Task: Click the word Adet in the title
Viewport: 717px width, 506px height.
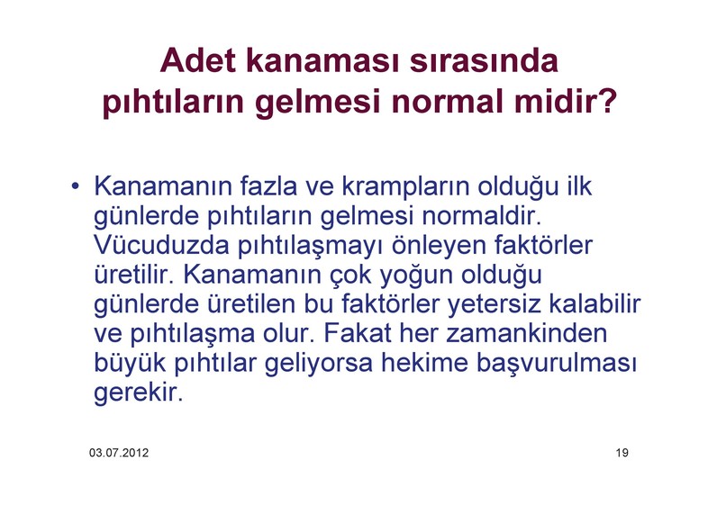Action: (198, 61)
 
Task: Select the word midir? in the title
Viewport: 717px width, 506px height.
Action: (566, 102)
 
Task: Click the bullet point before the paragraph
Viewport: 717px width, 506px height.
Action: (76, 186)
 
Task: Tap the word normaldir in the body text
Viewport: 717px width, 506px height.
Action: (481, 216)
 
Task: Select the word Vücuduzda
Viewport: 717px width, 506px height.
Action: (161, 245)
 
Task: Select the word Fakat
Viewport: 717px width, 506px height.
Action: (358, 333)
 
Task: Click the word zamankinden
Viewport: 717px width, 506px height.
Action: (526, 333)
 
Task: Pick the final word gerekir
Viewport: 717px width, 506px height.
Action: (138, 393)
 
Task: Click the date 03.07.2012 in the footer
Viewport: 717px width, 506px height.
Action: (119, 453)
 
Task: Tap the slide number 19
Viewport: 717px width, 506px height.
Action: (622, 453)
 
